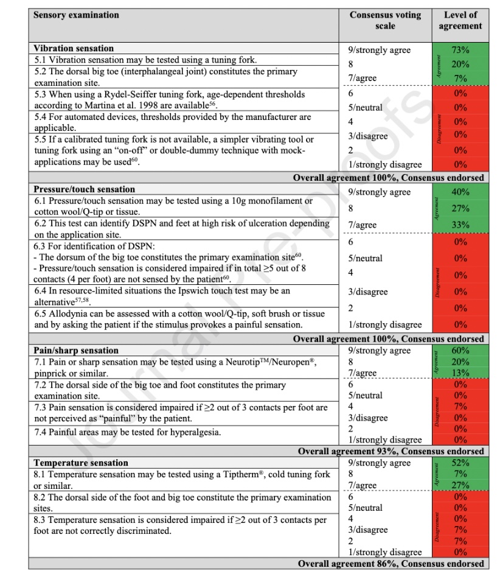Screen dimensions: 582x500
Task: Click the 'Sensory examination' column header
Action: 76,15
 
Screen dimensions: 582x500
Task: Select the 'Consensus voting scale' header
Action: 385,20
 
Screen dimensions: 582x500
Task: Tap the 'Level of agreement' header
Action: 460,20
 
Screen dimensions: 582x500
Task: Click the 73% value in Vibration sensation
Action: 460,50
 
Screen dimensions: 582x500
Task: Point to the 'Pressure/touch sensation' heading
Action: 84,189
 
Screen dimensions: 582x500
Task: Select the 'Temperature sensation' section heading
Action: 81,463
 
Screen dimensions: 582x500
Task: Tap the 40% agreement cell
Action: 460,192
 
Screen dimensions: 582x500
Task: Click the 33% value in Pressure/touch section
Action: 460,225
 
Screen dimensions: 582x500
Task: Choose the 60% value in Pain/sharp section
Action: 460,351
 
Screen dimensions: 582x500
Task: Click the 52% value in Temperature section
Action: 460,463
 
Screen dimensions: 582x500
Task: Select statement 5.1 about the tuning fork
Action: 145,60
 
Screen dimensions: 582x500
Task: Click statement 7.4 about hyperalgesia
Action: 127,432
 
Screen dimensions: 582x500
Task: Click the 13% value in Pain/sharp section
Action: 460,373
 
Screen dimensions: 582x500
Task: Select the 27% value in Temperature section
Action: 460,485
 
